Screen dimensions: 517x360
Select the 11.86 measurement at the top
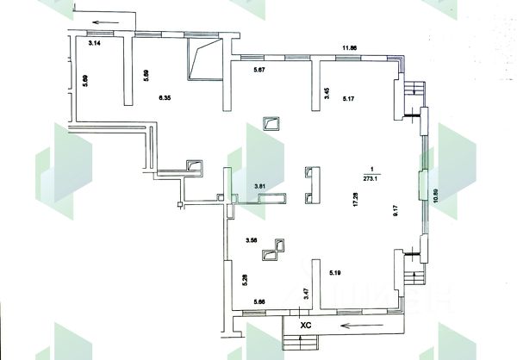pos(350,49)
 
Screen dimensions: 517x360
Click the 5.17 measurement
pos(349,99)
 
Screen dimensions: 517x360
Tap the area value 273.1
pos(371,180)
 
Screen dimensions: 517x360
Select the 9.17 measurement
pos(396,209)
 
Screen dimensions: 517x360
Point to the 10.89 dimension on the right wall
pos(435,196)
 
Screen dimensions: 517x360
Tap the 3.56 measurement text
pos(252,240)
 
